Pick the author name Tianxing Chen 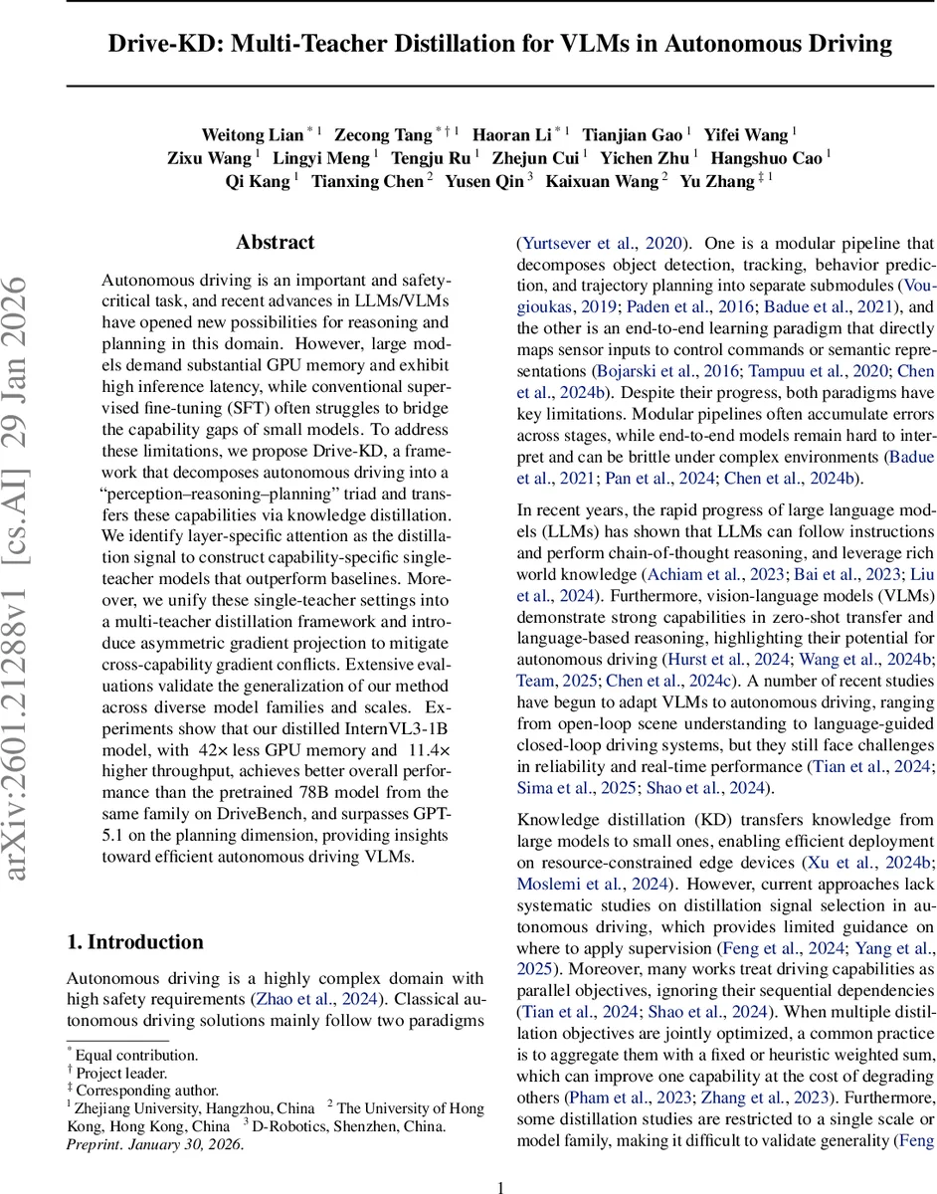tap(367, 181)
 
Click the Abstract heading tap(275, 242)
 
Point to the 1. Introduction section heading tap(134, 942)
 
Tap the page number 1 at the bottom tap(500, 1186)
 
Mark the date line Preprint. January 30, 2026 tap(154, 1144)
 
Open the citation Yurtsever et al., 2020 tap(601, 243)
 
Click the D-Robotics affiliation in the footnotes tap(298, 1126)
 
